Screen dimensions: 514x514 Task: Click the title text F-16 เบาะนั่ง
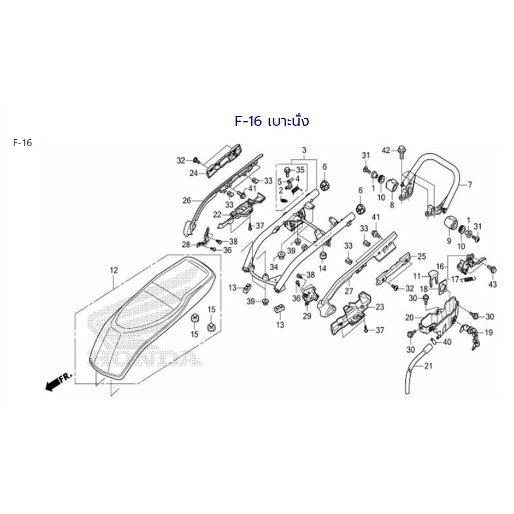pos(272,121)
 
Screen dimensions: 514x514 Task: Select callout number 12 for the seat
pos(114,270)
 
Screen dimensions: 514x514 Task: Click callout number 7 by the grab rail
pos(470,185)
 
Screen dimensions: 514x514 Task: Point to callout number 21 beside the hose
pos(428,366)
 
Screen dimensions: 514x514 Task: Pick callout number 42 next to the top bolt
pos(386,150)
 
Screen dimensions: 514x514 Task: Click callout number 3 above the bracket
pos(304,150)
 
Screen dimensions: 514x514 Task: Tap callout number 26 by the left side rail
pos(186,200)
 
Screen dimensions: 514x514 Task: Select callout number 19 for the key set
pos(488,332)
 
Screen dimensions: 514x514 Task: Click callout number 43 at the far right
pos(492,284)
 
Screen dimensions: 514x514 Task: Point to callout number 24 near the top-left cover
pos(193,172)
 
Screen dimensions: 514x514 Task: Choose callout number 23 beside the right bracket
pos(379,307)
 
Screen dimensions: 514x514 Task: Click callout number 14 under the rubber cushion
pos(323,268)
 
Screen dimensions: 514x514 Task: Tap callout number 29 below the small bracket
pos(307,316)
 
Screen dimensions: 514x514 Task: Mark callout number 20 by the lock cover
pos(410,317)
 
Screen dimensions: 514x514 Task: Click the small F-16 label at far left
pos(23,143)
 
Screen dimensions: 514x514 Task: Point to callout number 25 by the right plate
pos(421,256)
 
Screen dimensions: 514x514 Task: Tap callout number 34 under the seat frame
pos(274,267)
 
